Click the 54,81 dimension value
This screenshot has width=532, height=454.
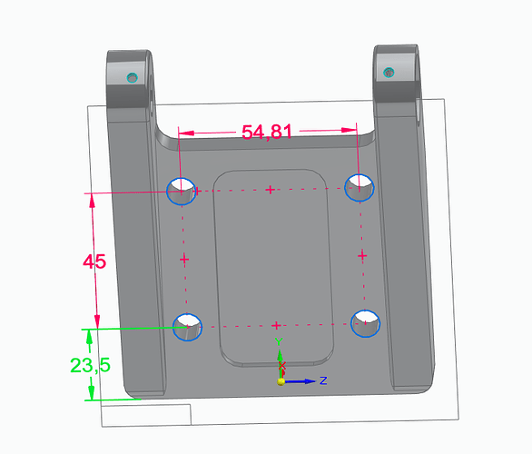[267, 132]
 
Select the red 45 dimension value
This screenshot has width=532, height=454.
[94, 262]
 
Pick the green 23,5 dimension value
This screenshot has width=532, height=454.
[90, 365]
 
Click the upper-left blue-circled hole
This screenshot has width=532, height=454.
[182, 191]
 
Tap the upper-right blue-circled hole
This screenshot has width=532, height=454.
[360, 188]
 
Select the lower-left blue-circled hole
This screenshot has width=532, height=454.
[188, 327]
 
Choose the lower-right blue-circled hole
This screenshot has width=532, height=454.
[366, 323]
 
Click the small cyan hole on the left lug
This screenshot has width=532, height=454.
[133, 78]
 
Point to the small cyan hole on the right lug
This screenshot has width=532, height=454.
[389, 73]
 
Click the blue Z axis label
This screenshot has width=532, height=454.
[323, 380]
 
